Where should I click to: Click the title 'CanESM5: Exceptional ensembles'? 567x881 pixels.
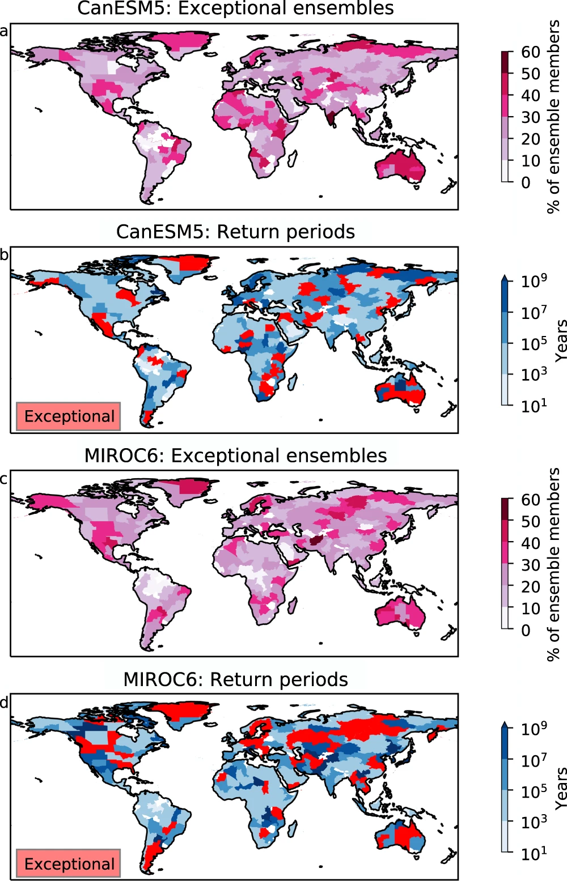pyautogui.click(x=235, y=8)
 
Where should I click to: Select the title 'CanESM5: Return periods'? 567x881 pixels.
pyautogui.click(x=235, y=232)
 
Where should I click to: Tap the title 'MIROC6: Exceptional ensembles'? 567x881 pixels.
pyautogui.click(x=235, y=456)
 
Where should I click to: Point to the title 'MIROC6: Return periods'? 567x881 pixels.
pyautogui.click(x=235, y=679)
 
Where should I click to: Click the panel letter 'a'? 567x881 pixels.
pyautogui.click(x=4, y=31)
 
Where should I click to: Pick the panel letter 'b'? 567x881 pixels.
pyautogui.click(x=4, y=255)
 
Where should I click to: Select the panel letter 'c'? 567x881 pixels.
pyautogui.click(x=4, y=479)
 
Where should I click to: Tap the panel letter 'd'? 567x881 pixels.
pyautogui.click(x=4, y=703)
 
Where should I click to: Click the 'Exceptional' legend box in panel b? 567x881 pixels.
pyautogui.click(x=69, y=416)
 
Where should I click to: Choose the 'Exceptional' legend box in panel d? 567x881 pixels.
pyautogui.click(x=69, y=863)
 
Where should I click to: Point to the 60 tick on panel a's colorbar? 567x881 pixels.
pyautogui.click(x=530, y=52)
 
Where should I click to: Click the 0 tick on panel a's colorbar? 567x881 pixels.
pyautogui.click(x=526, y=182)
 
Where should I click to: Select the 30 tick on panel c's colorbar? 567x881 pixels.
pyautogui.click(x=530, y=565)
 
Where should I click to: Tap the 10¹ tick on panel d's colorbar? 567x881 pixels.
pyautogui.click(x=534, y=852)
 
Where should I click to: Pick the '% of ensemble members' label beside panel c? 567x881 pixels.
pyautogui.click(x=553, y=564)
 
